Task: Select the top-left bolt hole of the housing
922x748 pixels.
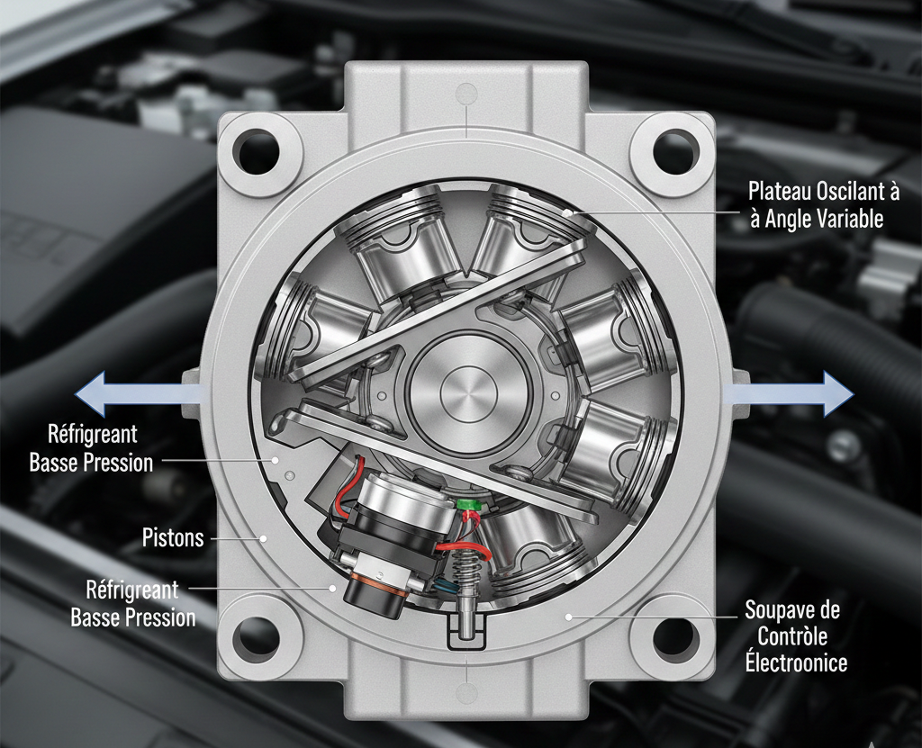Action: [x=256, y=149]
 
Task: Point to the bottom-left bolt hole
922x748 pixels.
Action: [x=256, y=637]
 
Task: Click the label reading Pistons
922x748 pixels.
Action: [x=173, y=537]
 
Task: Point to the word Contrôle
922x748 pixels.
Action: [x=792, y=636]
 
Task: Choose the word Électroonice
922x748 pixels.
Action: [x=796, y=662]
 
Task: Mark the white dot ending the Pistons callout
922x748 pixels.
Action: [x=264, y=537]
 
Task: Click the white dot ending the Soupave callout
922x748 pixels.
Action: [x=569, y=617]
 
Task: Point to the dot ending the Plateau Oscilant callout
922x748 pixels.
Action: [x=567, y=212]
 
